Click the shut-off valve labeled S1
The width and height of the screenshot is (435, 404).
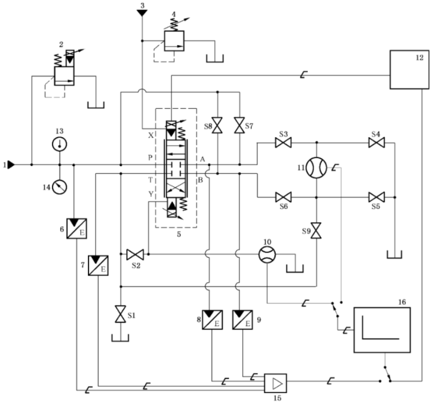[x=120, y=314]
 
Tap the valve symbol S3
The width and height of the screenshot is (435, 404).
[x=283, y=142]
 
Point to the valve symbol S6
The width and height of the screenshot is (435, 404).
[x=283, y=197]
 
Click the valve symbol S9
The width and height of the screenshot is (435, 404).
[x=316, y=227]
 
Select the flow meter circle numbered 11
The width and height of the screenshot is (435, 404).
[x=316, y=168]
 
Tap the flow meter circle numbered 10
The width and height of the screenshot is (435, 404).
[x=267, y=254]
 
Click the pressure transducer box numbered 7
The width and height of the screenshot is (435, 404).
[x=98, y=265]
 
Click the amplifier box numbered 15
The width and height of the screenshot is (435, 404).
[x=275, y=382]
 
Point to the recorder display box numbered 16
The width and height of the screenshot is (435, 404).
[x=382, y=329]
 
